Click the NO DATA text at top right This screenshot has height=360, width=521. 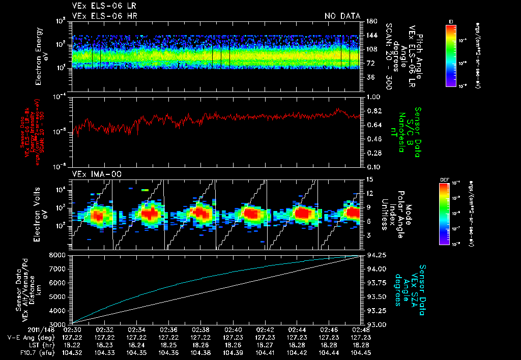tap(342, 16)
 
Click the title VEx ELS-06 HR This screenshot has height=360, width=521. tap(104, 16)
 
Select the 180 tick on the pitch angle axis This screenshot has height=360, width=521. tap(370, 21)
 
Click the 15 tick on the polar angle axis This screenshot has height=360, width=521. tap(369, 179)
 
